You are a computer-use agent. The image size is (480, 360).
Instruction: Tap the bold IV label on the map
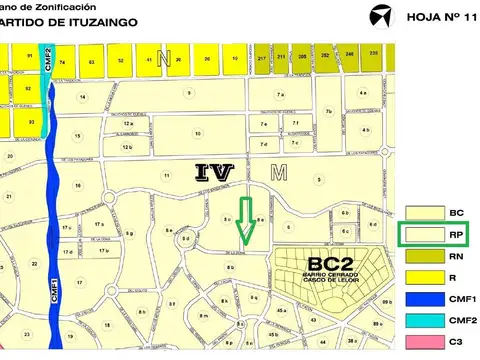[x=215, y=172]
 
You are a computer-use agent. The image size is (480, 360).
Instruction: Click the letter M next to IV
[x=279, y=172]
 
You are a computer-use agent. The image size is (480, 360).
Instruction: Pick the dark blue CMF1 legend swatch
[x=418, y=299]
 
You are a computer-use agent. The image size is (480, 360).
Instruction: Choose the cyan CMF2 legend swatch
[x=418, y=321]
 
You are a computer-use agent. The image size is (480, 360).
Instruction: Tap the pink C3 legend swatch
[x=418, y=343]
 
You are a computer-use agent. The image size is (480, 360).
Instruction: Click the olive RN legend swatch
[x=418, y=256]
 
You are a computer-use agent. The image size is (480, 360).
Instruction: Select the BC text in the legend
[x=456, y=213]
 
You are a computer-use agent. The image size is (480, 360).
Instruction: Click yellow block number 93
[x=31, y=122]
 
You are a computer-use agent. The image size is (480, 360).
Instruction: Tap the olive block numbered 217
[x=262, y=59]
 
